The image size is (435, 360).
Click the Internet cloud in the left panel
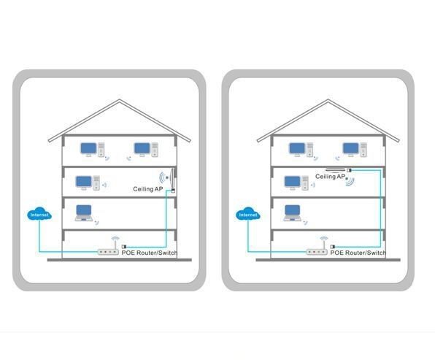(x=39, y=214)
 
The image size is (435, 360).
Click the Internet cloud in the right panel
(x=248, y=214)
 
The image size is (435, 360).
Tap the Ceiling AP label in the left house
(x=148, y=189)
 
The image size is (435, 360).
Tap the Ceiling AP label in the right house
(x=330, y=177)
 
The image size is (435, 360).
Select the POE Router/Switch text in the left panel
(x=149, y=253)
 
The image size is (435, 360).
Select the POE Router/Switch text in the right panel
(x=358, y=253)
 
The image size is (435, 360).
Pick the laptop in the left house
(x=84, y=213)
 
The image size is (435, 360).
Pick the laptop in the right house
(x=293, y=213)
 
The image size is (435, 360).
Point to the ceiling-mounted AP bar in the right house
(x=335, y=169)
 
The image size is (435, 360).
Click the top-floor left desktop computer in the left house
(x=93, y=150)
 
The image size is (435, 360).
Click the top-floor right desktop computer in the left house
(x=146, y=150)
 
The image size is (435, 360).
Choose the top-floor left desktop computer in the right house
(x=301, y=150)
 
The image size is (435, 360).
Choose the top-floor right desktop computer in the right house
(x=355, y=150)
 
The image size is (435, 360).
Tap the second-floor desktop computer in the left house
(x=88, y=183)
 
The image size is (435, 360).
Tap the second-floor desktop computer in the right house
(x=296, y=183)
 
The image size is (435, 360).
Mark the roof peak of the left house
(x=120, y=100)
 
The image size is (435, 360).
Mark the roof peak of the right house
(x=328, y=100)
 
